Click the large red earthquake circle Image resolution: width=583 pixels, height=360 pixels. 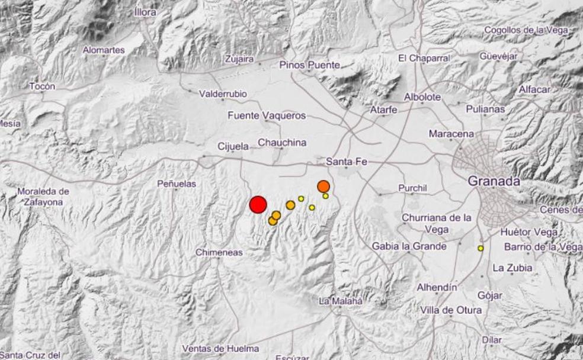pyautogui.click(x=258, y=205)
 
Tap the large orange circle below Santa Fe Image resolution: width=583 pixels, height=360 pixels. pyautogui.click(x=323, y=187)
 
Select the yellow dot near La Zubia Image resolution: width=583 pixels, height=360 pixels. pyautogui.click(x=481, y=248)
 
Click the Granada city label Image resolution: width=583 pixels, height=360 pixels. pyautogui.click(x=494, y=181)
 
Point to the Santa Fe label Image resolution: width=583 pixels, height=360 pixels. pyautogui.click(x=347, y=162)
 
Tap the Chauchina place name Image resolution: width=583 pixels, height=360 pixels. pyautogui.click(x=282, y=143)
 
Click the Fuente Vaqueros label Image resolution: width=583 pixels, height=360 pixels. pyautogui.click(x=267, y=116)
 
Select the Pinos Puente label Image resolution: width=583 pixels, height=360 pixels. pyautogui.click(x=309, y=65)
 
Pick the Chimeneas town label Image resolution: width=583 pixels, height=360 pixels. pyautogui.click(x=219, y=253)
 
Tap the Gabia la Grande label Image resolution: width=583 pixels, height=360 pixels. pyautogui.click(x=409, y=246)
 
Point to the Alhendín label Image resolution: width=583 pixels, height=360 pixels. pyautogui.click(x=437, y=287)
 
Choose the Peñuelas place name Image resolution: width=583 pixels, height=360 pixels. pyautogui.click(x=176, y=184)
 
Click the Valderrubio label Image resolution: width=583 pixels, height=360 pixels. pyautogui.click(x=223, y=94)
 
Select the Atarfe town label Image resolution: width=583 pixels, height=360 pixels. pyautogui.click(x=383, y=110)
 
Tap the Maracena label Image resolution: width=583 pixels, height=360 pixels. pyautogui.click(x=451, y=134)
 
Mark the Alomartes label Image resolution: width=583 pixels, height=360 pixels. pyautogui.click(x=104, y=50)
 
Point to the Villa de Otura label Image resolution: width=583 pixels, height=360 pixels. pyautogui.click(x=451, y=310)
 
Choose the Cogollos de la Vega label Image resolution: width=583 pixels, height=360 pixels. pyautogui.click(x=526, y=30)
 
